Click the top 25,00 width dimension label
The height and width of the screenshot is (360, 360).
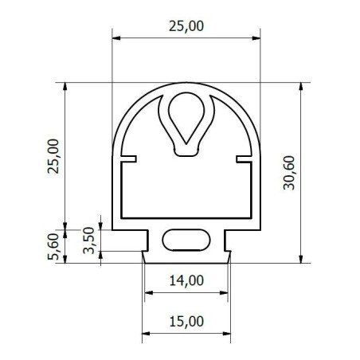click(x=186, y=26)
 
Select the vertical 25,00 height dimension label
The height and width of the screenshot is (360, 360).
click(x=53, y=156)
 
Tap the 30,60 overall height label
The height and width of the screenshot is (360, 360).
click(x=289, y=173)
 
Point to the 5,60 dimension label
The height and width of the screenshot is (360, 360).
click(x=53, y=246)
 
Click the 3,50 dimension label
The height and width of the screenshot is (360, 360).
click(x=88, y=241)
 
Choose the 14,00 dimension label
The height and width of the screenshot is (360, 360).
click(x=186, y=280)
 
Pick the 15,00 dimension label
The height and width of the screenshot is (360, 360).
click(x=186, y=321)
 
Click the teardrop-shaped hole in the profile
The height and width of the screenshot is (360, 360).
click(x=186, y=117)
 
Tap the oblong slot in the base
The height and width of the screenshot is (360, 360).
click(x=186, y=240)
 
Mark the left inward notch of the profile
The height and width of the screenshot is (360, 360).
click(x=129, y=159)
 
